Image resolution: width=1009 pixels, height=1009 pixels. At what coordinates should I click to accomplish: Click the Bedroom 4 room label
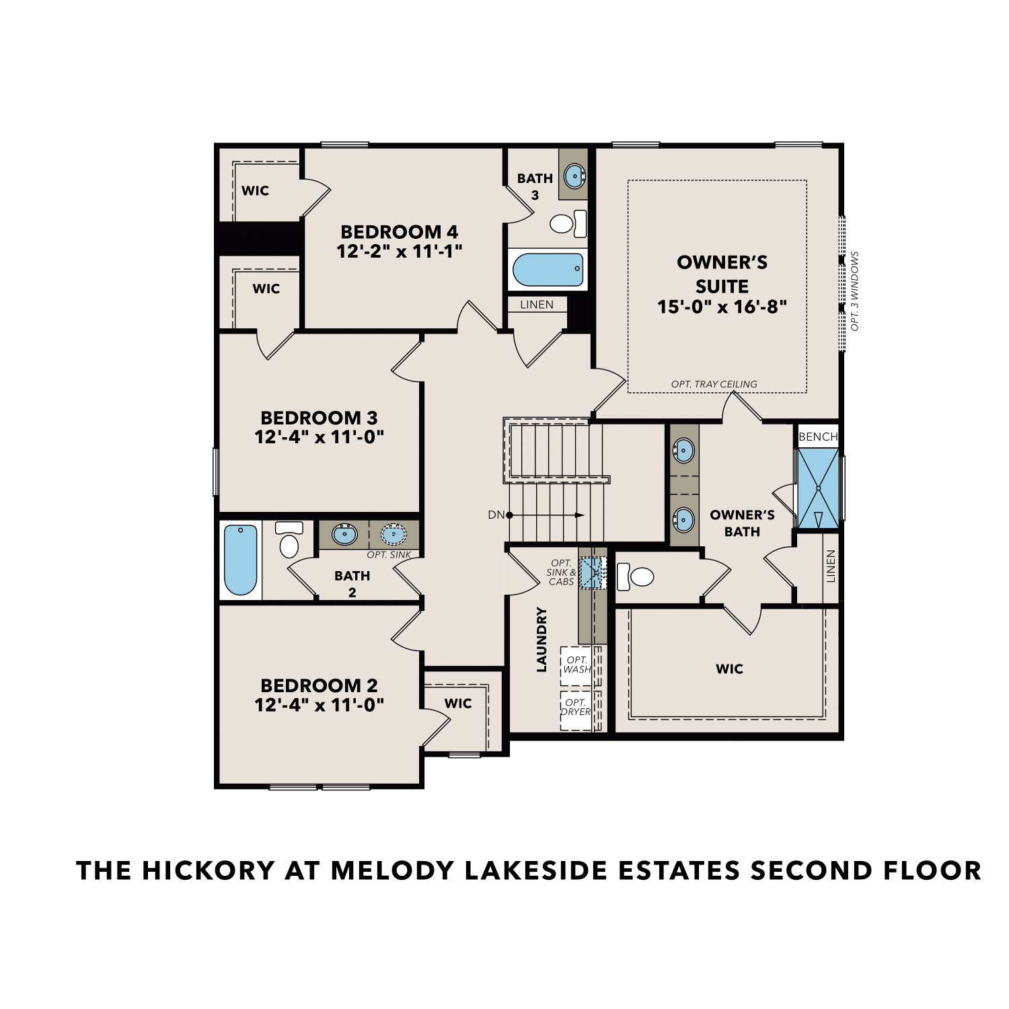[x=399, y=232]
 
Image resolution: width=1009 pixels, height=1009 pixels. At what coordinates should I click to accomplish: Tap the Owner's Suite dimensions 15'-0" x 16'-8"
[x=722, y=307]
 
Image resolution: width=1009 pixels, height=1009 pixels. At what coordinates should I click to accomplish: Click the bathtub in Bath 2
[x=240, y=560]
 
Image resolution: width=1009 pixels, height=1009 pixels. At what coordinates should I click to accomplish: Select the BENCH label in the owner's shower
[x=818, y=437]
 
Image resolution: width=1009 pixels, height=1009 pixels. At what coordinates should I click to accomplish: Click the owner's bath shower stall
[x=818, y=488]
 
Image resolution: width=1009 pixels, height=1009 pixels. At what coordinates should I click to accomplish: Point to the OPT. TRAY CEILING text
[x=714, y=384]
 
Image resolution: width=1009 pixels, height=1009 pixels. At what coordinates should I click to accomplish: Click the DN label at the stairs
[x=496, y=515]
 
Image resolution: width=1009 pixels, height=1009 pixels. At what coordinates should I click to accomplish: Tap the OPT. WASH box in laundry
[x=576, y=665]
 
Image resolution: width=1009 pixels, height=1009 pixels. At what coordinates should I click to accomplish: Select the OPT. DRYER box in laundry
[x=576, y=707]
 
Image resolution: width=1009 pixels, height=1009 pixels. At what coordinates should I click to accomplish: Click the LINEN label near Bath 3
[x=537, y=305]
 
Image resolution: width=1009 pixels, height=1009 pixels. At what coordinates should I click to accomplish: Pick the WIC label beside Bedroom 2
[x=458, y=704]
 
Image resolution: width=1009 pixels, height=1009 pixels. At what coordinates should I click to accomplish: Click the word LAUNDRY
[x=542, y=640]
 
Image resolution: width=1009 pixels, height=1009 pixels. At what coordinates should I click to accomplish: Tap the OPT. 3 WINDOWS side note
[x=855, y=291]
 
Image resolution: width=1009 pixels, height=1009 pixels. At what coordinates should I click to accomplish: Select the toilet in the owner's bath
[x=636, y=576]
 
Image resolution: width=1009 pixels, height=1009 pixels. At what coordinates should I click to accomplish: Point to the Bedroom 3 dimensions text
[x=319, y=437]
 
